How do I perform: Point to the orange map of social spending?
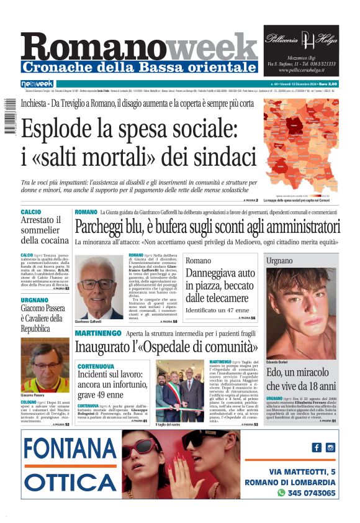[x=301, y=148]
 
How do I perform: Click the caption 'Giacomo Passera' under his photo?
[x=35, y=395]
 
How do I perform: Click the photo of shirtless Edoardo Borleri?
[x=301, y=313]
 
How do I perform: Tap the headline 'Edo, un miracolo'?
[x=301, y=380]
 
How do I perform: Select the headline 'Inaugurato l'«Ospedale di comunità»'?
[x=158, y=347]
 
